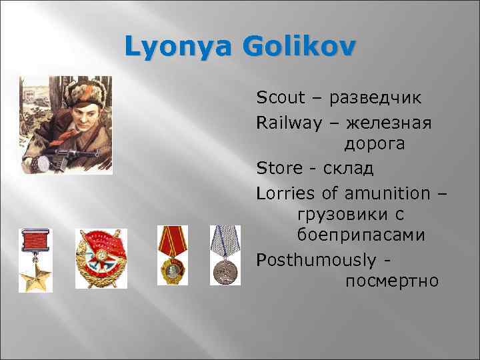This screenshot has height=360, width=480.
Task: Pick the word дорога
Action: (377, 144)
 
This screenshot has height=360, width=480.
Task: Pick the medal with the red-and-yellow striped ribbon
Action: (171, 256)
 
